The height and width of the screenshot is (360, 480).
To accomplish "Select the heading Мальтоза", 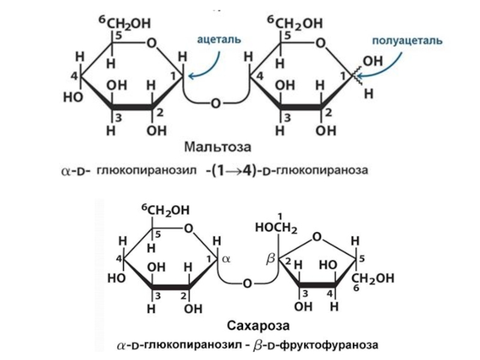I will coord(217,146).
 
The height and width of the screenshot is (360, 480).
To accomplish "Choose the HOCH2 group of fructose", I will coord(276,229).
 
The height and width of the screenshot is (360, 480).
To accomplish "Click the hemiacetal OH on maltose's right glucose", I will coord(372,61).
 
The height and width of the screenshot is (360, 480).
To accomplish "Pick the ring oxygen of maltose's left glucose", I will coord(152,43).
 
